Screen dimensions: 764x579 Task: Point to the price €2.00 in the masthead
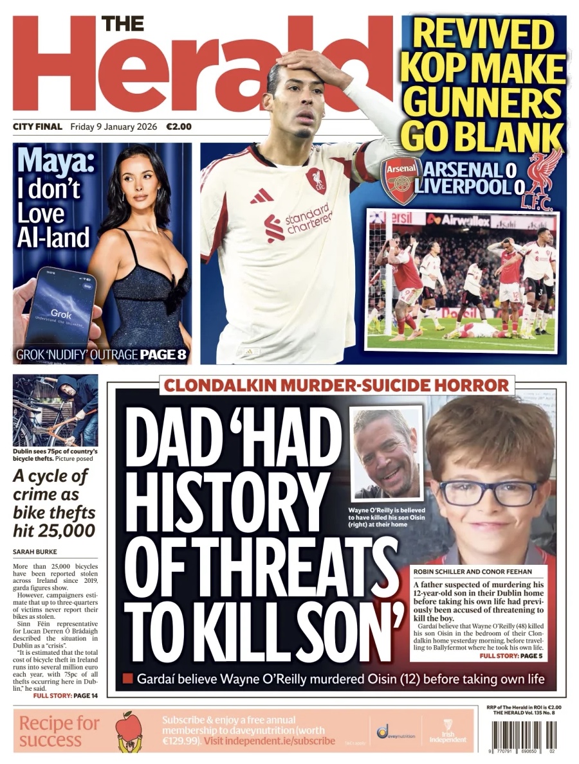coord(179,127)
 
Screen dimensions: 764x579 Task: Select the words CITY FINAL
coord(37,127)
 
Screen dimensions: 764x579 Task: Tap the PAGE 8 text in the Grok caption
coord(163,354)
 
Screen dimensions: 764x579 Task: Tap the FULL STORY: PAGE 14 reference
coord(66,695)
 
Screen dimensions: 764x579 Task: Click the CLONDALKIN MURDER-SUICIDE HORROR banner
coord(337,386)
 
